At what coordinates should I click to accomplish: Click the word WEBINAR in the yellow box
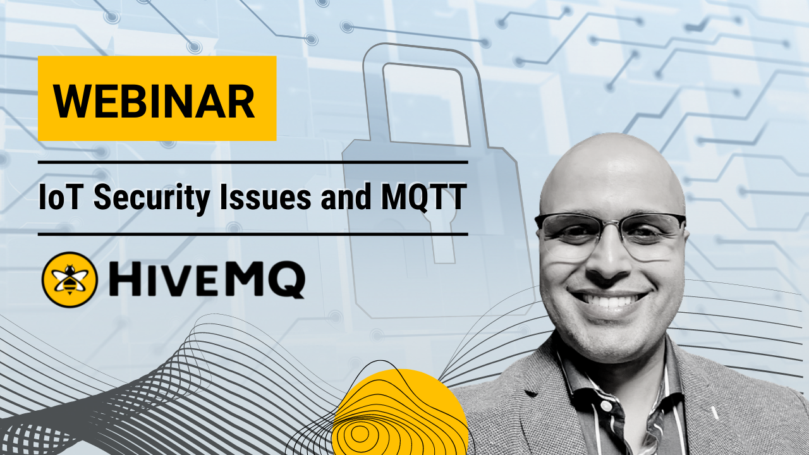tap(154, 100)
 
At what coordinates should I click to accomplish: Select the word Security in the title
tap(152, 198)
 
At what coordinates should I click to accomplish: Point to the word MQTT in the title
tap(423, 198)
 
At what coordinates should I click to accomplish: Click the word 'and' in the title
tap(346, 197)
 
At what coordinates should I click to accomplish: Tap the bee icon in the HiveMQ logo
tap(70, 279)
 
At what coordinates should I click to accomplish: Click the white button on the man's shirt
tap(606, 406)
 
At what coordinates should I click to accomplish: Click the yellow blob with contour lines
tap(400, 415)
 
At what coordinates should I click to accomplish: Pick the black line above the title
tap(253, 162)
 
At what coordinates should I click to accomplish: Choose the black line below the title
tap(253, 234)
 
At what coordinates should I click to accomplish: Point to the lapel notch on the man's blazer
tap(531, 394)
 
